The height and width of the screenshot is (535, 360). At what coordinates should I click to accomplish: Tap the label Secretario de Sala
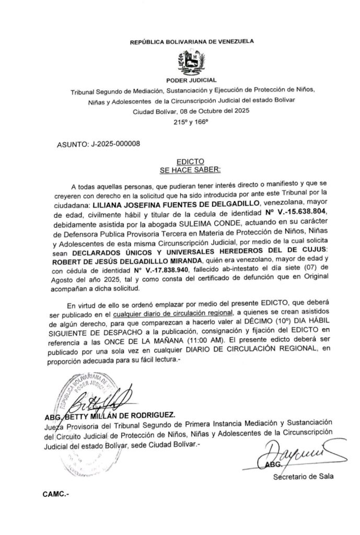[x=303, y=476]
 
